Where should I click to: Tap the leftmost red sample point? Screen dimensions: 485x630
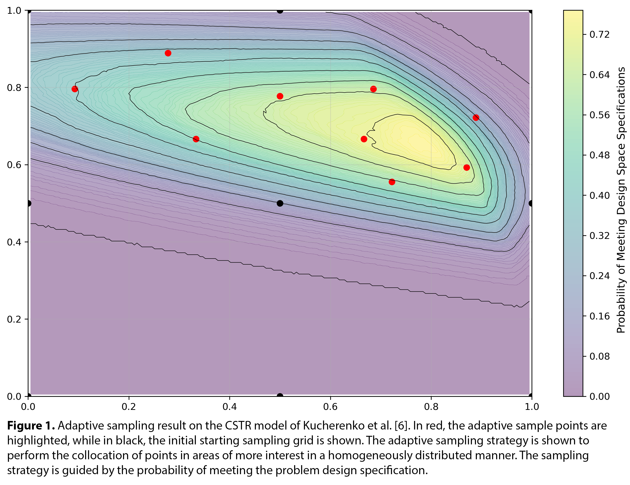tap(75, 89)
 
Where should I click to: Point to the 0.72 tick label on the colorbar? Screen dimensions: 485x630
tap(600, 35)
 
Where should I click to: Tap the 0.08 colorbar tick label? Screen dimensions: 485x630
tap(600, 356)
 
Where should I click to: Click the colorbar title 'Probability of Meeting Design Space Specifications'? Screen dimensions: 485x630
tap(621, 200)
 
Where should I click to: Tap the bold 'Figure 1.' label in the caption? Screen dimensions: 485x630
tap(31, 426)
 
